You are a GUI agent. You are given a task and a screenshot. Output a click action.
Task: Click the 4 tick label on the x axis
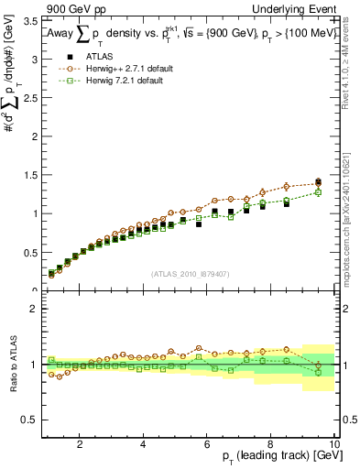coord(143,444)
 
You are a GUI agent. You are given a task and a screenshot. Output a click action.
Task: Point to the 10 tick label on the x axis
coord(333,444)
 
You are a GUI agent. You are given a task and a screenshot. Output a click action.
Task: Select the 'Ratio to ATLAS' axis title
coord(11,365)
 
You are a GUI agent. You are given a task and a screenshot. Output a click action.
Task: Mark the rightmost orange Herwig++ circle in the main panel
coord(318,181)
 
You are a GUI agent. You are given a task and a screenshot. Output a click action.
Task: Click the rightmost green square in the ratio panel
coord(318,372)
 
